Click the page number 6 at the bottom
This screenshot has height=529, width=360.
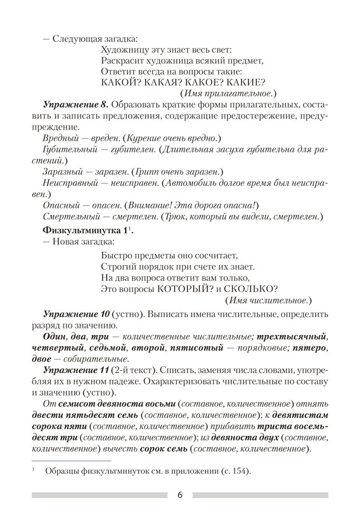click(179, 495)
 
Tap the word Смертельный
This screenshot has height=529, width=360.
click(68, 217)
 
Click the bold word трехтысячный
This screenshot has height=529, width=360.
click(296, 336)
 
